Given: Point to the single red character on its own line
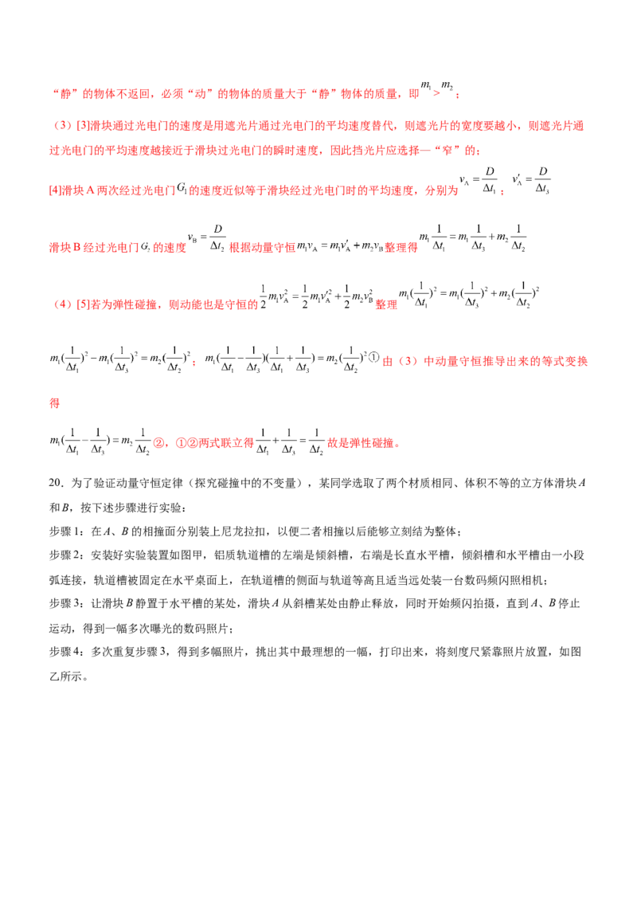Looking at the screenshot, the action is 54,404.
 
